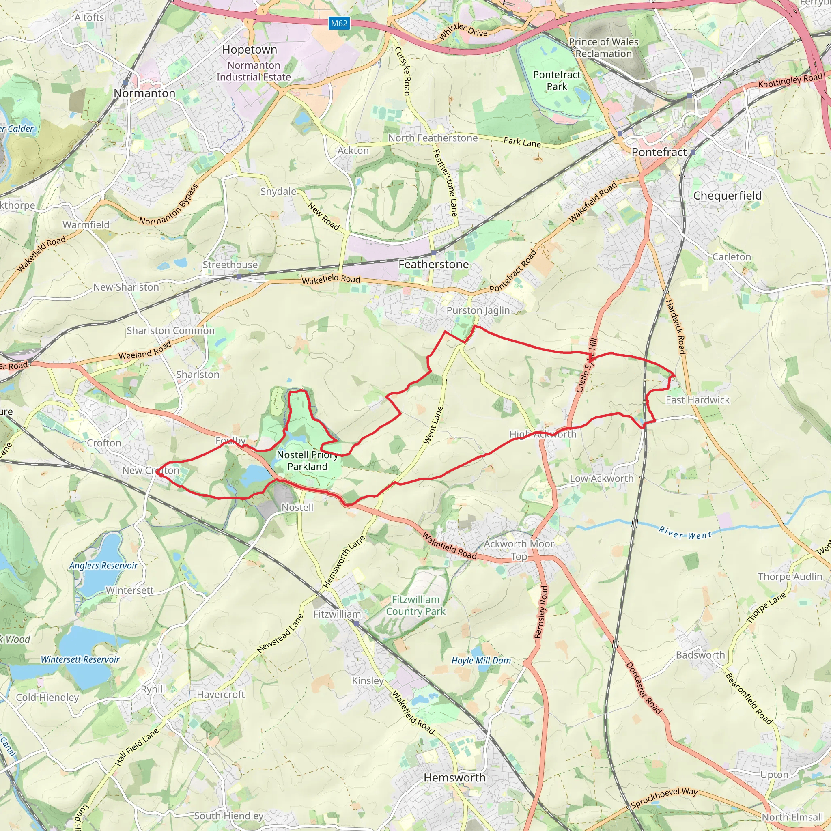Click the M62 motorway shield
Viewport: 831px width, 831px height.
(x=339, y=23)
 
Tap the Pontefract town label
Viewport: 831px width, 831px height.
(x=659, y=152)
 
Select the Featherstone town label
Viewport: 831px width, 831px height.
(x=434, y=265)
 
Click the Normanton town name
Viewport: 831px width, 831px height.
(x=144, y=93)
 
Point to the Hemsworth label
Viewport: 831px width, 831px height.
(x=454, y=778)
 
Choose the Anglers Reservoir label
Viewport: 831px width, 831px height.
(x=103, y=566)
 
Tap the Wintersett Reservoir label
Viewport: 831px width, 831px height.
(x=80, y=659)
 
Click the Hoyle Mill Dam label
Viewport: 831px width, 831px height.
(x=481, y=661)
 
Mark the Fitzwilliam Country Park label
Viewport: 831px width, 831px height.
(x=415, y=605)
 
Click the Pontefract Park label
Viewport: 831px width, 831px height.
(x=557, y=80)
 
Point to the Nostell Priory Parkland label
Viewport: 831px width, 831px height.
(x=308, y=461)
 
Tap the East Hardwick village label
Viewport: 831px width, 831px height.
(x=698, y=400)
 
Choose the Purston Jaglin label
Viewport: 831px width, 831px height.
(x=478, y=310)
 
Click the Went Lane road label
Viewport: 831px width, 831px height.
(x=433, y=425)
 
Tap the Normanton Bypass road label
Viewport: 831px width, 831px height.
(x=169, y=205)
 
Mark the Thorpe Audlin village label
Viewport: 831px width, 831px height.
(x=790, y=577)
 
